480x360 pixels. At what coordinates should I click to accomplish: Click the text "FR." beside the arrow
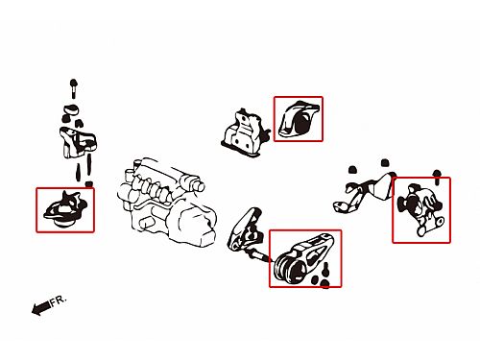pos(59,300)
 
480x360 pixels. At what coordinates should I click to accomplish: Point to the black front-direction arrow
pos(40,308)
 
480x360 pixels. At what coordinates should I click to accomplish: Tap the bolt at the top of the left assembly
pos(73,88)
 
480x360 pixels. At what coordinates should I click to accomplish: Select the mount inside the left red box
pos(65,209)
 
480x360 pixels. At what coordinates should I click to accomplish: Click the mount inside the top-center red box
pos(299,119)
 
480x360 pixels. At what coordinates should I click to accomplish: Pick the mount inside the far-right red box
pos(420,209)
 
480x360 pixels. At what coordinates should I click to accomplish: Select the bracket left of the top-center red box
pos(245,134)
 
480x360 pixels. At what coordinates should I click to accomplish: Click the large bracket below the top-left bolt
pos(78,142)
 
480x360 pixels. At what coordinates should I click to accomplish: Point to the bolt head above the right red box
pos(437,178)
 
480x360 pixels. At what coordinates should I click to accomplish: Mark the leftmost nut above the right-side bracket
pos(352,169)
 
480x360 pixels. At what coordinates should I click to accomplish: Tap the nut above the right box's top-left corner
pos(385,162)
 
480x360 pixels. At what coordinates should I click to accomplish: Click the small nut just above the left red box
pos(89,184)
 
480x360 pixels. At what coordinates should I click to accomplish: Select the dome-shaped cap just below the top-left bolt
pos(70,109)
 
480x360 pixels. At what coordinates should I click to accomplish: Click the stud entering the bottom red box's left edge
pos(260,256)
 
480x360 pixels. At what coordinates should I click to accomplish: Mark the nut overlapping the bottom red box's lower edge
pos(324,284)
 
